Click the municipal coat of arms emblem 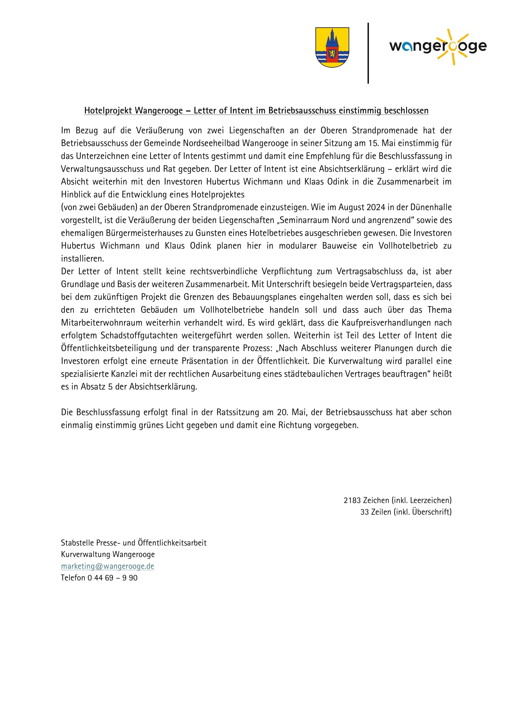pos(332,47)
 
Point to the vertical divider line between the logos pos(368,53)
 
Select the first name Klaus pos(175,246)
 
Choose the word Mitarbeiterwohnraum pos(102,322)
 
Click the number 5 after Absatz pos(110,386)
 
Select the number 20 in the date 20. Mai pos(281,412)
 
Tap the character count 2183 pos(352,500)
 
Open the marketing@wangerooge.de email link pos(107,566)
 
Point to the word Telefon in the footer pos(73,578)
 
